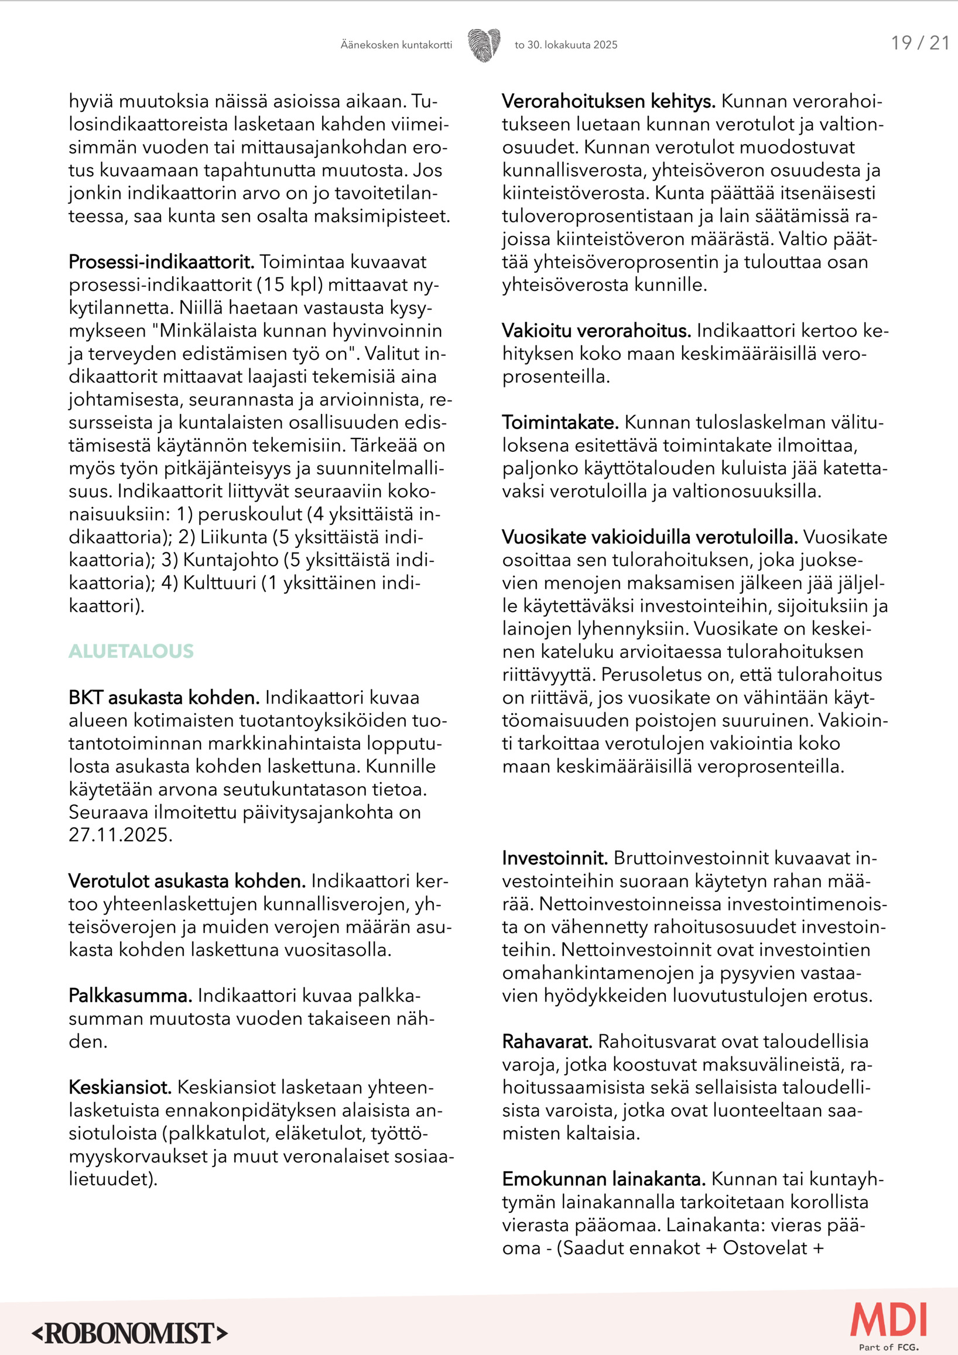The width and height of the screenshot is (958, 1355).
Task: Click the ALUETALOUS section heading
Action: pos(131,651)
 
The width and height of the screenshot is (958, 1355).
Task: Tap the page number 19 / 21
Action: pos(919,43)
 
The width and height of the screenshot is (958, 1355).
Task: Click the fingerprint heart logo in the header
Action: pos(484,45)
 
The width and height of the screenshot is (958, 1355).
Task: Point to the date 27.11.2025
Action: pos(121,835)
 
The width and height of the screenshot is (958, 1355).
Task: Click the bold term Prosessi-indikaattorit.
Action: pos(161,262)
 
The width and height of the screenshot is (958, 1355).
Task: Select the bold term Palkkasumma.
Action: pos(131,996)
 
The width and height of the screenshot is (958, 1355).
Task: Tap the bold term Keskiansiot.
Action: pos(120,1087)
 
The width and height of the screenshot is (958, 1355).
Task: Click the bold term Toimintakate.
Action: pos(560,423)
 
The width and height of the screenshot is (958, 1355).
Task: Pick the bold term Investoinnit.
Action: pos(555,858)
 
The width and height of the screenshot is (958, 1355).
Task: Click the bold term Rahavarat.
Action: pos(547,1042)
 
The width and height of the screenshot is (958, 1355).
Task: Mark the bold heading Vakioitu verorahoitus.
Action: pos(596,331)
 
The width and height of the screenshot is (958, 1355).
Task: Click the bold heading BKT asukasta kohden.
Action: pos(163,698)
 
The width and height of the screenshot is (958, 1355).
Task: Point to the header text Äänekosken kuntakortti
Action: pos(396,45)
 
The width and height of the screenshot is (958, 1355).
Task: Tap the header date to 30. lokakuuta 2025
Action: pos(566,45)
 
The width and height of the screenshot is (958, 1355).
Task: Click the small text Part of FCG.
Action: pos(888,1347)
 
